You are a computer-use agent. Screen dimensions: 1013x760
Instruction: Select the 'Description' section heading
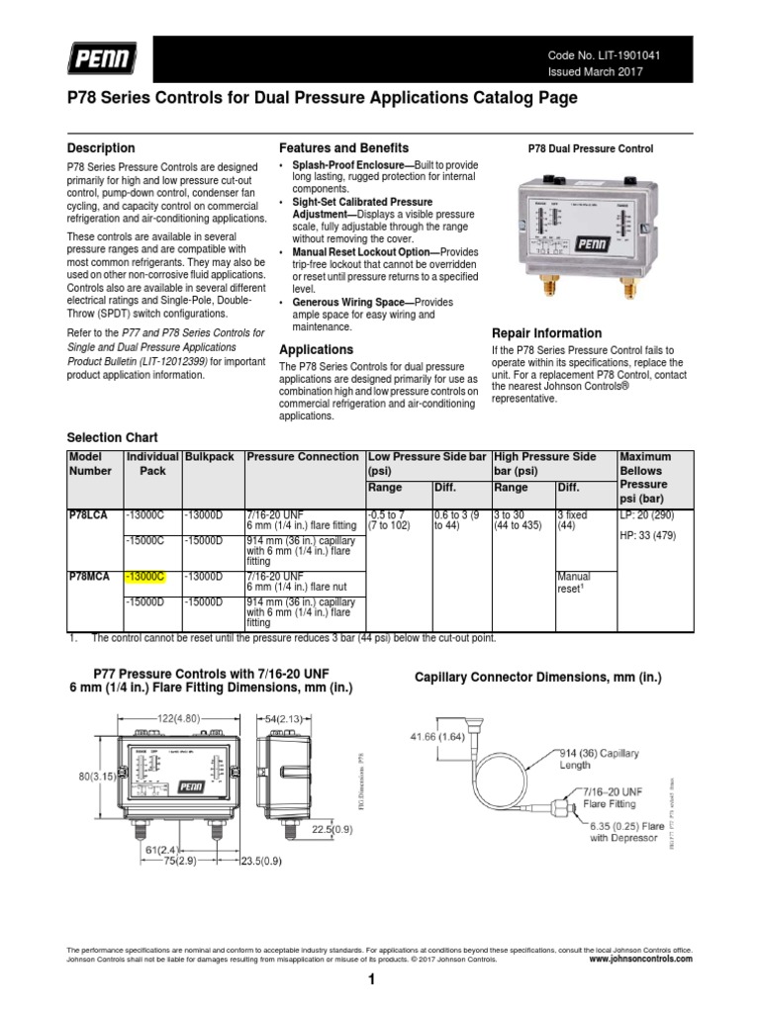pyautogui.click(x=100, y=148)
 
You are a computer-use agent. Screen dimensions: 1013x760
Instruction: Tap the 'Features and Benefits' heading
pyautogui.click(x=343, y=147)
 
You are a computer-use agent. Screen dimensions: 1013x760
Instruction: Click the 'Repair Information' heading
pyautogui.click(x=546, y=333)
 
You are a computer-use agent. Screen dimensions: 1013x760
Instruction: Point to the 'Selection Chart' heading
pyautogui.click(x=112, y=437)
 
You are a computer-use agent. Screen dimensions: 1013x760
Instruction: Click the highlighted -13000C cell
pyautogui.click(x=145, y=576)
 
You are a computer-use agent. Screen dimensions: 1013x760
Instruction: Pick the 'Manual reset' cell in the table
pyautogui.click(x=573, y=582)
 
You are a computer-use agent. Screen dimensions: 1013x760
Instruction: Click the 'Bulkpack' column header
pyautogui.click(x=210, y=457)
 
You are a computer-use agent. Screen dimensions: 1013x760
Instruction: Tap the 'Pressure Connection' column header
pyautogui.click(x=303, y=457)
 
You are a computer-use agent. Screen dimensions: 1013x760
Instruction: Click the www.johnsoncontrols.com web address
pyautogui.click(x=640, y=959)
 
